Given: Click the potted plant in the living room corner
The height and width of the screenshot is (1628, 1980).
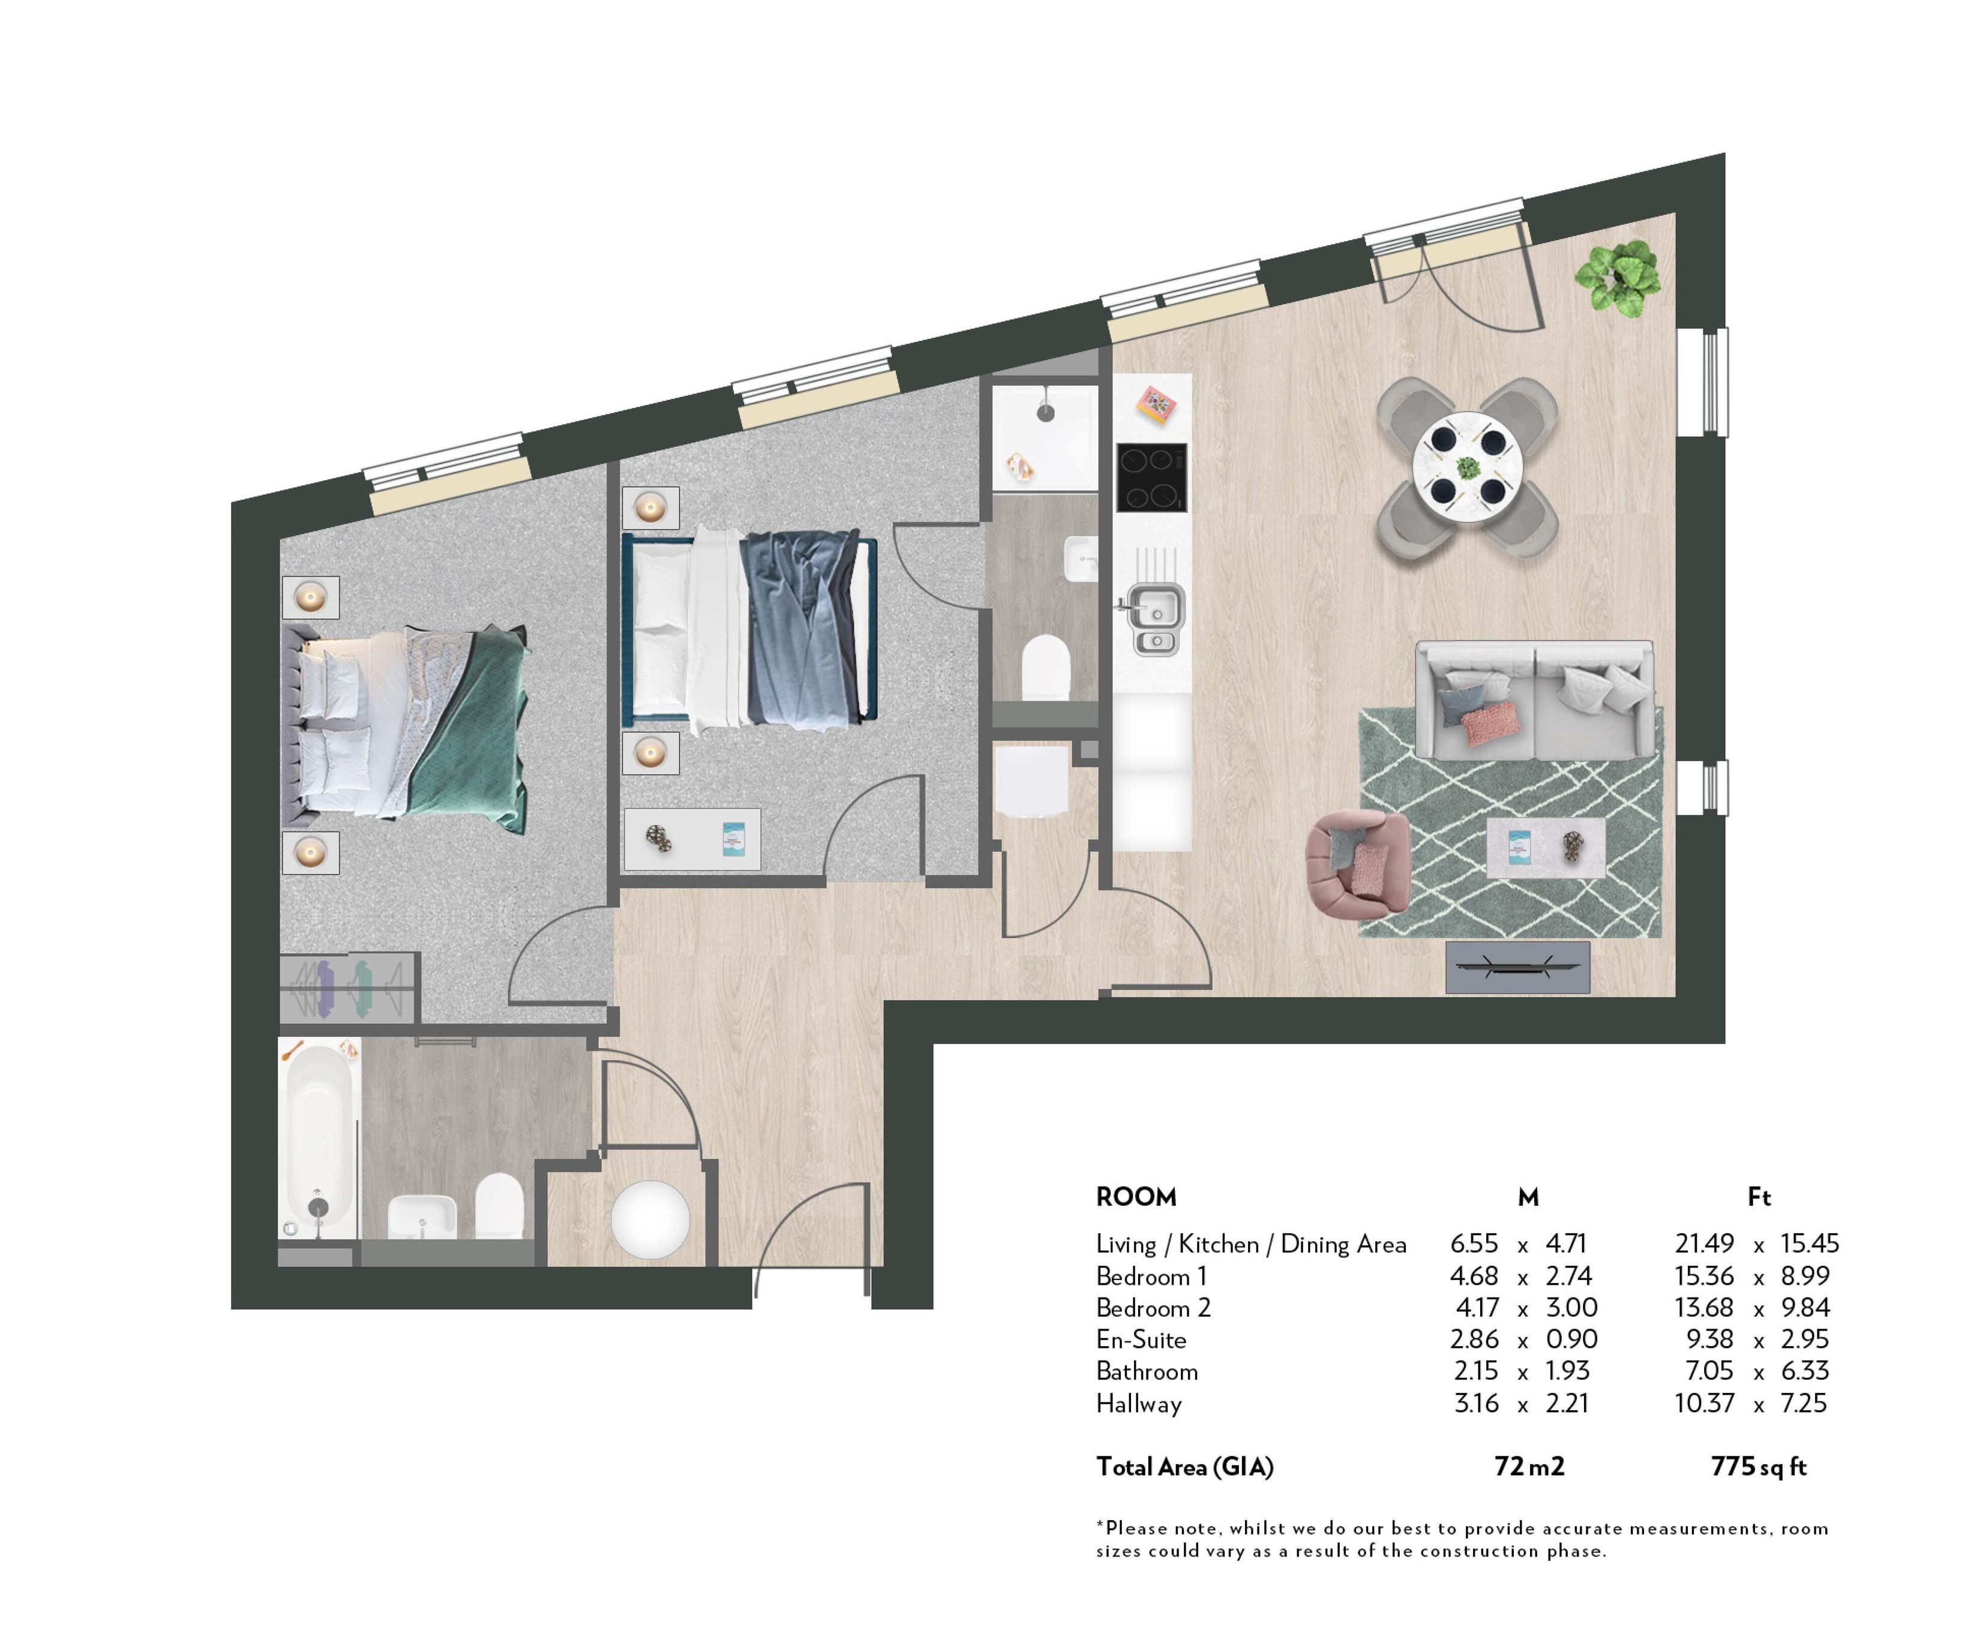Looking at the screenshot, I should pyautogui.click(x=1617, y=277).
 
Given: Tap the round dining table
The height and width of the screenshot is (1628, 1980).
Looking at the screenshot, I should pyautogui.click(x=1466, y=467).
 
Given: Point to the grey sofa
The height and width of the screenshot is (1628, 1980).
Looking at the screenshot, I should pyautogui.click(x=1532, y=699).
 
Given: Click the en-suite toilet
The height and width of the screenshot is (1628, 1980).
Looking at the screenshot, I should pyautogui.click(x=1045, y=667).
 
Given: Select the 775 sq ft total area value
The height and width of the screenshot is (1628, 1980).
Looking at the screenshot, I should pyautogui.click(x=1758, y=1467).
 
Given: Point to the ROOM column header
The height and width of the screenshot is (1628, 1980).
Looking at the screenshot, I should pyautogui.click(x=1136, y=1197).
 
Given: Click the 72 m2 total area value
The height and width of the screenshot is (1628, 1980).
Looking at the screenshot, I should pyautogui.click(x=1529, y=1467).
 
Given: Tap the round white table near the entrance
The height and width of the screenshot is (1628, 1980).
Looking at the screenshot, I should pyautogui.click(x=650, y=1219).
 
